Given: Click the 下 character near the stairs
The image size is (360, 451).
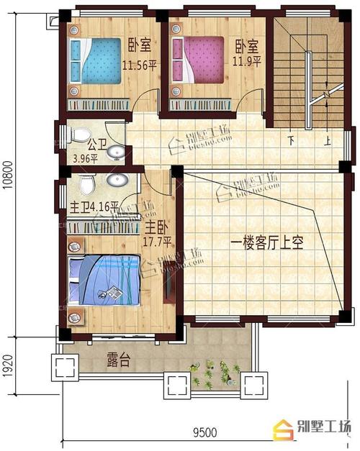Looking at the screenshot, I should point(291,140).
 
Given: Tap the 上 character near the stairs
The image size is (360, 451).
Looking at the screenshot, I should point(328,140).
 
